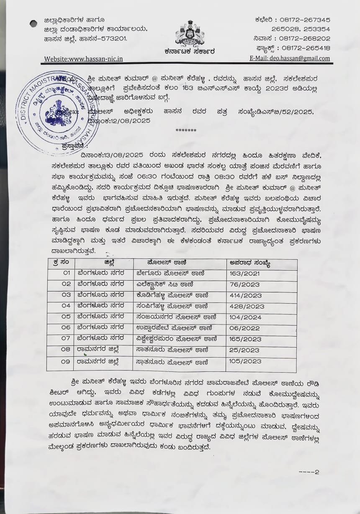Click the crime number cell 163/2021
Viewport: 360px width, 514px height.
pyautogui.click(x=245, y=274)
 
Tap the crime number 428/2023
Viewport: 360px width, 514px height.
pyautogui.click(x=247, y=307)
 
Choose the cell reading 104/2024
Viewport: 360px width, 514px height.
pyautogui.click(x=245, y=317)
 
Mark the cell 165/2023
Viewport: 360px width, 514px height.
pyautogui.click(x=245, y=339)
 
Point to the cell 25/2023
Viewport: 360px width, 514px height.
pyautogui.click(x=244, y=350)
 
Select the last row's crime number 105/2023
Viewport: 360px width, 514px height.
pyautogui.click(x=245, y=361)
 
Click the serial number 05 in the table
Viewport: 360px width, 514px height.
pyautogui.click(x=65, y=317)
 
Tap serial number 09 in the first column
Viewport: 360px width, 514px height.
pyautogui.click(x=65, y=361)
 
